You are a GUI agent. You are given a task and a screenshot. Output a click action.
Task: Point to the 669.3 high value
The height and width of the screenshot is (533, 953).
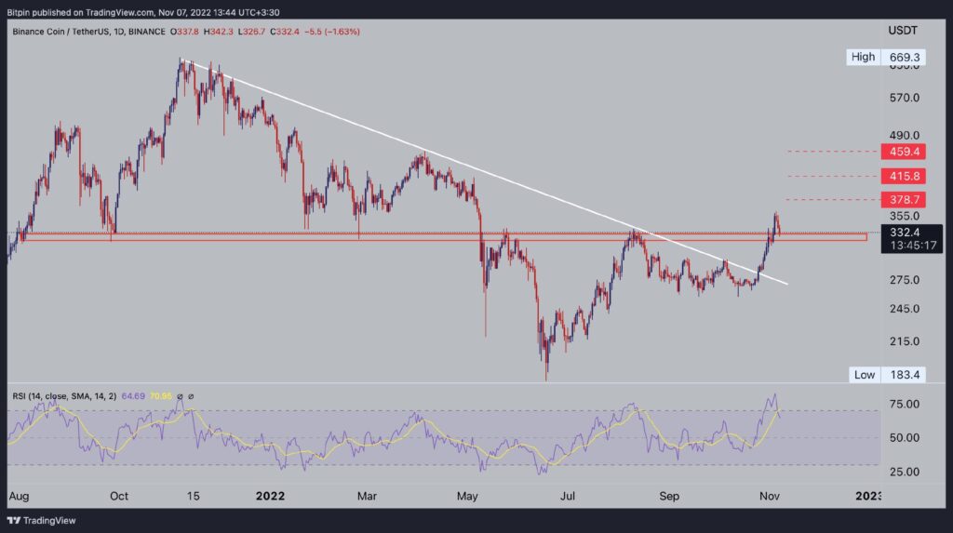click(x=905, y=58)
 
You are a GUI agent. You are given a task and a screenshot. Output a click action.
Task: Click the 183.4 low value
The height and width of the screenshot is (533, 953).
click(x=905, y=375)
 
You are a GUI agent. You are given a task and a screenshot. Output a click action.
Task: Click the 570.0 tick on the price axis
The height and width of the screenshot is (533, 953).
click(x=905, y=98)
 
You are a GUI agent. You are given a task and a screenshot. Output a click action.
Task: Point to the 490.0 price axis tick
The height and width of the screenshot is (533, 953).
click(x=905, y=136)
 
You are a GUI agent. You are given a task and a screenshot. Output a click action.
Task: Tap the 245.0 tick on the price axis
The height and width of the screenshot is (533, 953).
click(x=905, y=309)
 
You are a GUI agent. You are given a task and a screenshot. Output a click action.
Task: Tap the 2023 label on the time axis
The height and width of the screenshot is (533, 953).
click(x=867, y=496)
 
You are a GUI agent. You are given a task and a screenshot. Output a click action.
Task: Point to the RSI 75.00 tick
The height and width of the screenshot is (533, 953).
click(x=905, y=405)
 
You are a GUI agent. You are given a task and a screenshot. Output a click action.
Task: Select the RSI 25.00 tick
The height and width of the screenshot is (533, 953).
click(x=905, y=472)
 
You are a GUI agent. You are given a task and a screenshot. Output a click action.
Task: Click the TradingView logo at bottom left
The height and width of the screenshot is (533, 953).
click(x=46, y=520)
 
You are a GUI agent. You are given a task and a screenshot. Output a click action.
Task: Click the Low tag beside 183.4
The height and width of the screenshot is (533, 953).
click(x=864, y=375)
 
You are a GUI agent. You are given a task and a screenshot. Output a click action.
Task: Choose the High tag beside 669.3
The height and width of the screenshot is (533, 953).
click(x=863, y=58)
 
